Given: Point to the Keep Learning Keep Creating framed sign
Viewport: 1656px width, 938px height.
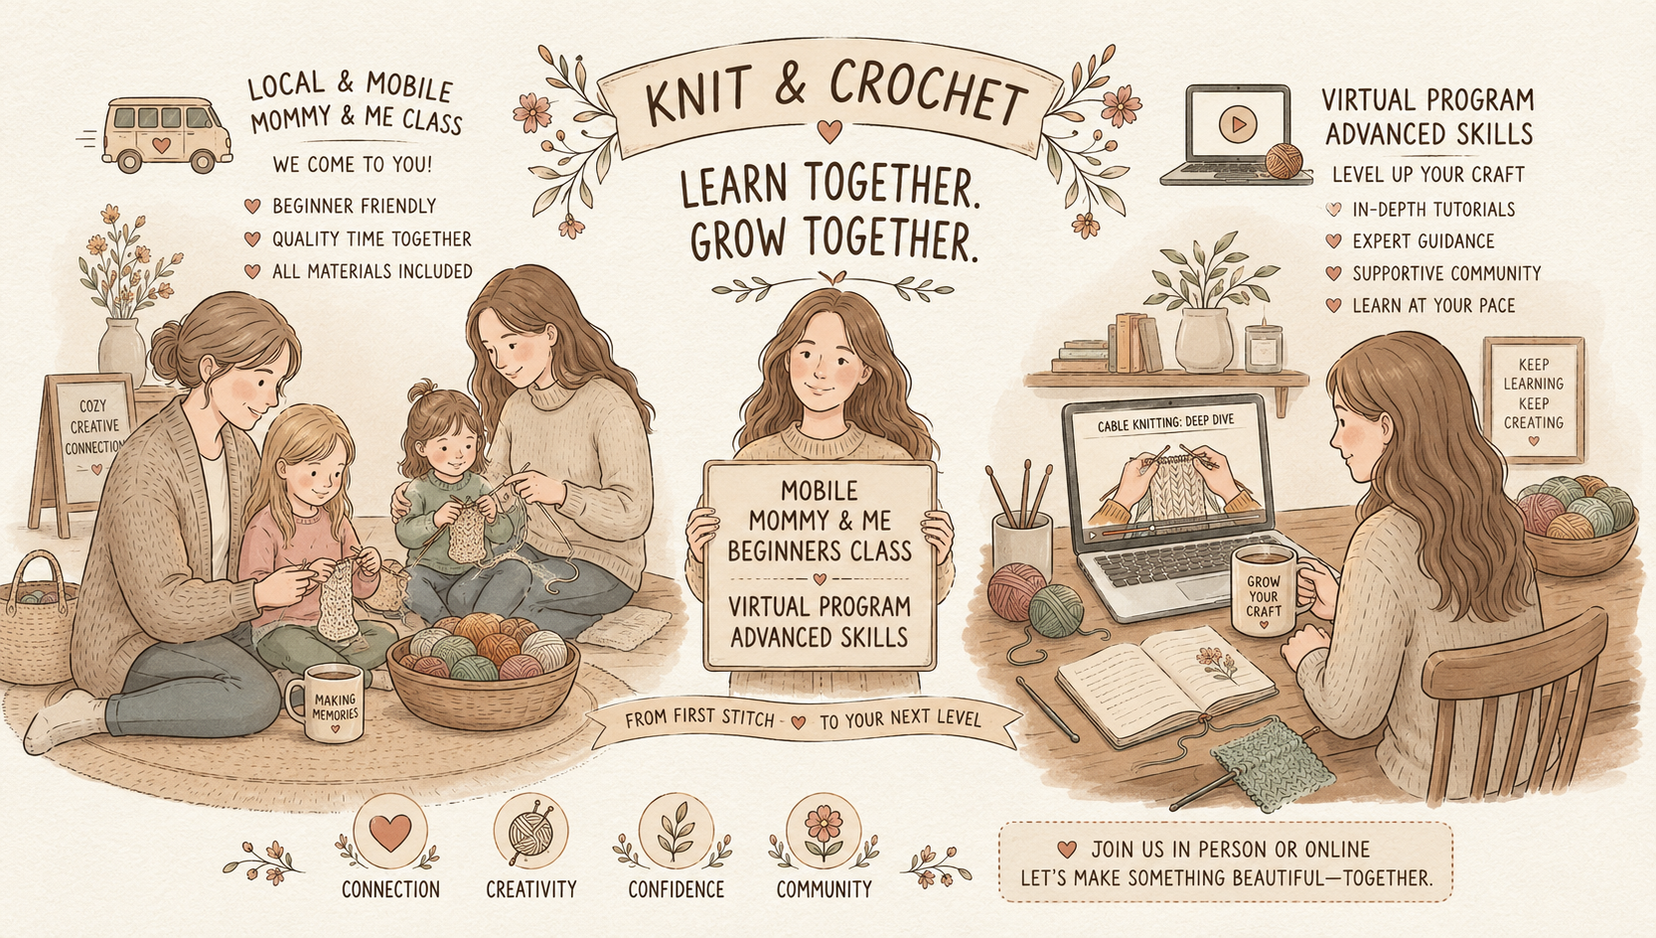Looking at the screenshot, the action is (x=1533, y=400).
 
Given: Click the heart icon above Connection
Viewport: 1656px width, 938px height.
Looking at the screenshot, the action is (x=389, y=832).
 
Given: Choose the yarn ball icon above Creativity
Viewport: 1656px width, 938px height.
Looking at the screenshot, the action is (x=530, y=832).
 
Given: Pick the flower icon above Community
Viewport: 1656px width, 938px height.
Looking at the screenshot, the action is (x=824, y=832).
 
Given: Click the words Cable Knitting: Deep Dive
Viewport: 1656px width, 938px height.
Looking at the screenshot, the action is (x=1165, y=424).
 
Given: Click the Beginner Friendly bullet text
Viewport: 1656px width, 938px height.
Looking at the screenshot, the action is (x=354, y=206).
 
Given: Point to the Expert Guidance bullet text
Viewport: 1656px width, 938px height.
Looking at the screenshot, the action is (x=1424, y=241).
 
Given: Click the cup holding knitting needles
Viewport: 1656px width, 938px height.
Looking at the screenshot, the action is (x=1021, y=547).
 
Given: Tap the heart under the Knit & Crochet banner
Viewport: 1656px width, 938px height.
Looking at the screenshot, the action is (x=829, y=132).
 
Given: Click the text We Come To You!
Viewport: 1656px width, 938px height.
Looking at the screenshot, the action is (x=352, y=164).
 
